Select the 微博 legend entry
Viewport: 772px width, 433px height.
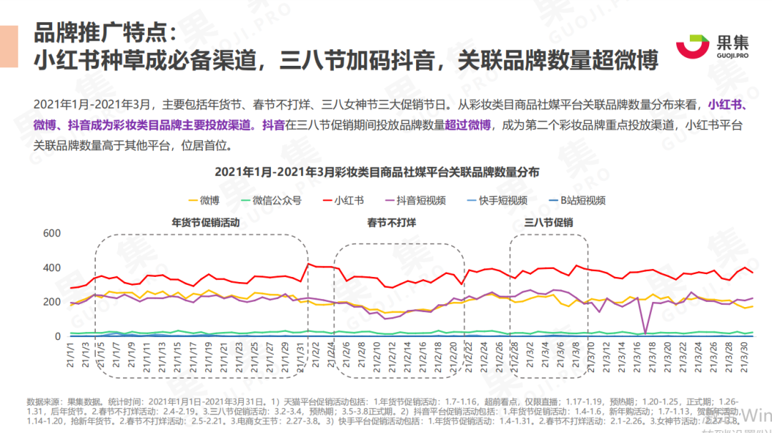coord(204,200)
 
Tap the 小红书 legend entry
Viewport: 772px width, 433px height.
coord(342,200)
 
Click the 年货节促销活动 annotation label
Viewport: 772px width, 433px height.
coord(205,223)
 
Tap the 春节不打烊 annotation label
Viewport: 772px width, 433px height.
coord(392,223)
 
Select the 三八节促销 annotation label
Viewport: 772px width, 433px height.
coord(549,223)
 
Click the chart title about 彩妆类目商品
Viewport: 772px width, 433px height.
coord(377,172)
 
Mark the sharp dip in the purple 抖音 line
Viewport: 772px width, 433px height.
coord(645,333)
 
